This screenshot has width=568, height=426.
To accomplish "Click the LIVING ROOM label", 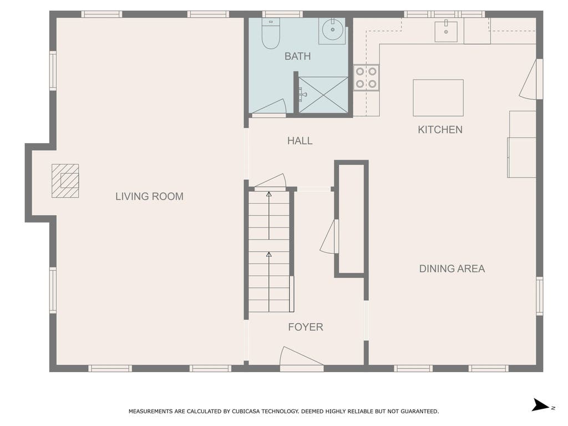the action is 149,196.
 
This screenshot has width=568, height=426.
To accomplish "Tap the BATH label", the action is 297,56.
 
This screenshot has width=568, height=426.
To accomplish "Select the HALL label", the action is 300,140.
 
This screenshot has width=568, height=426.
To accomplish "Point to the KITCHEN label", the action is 440,130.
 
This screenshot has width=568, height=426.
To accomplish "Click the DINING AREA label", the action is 452,268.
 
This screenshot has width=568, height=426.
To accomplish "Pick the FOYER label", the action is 306,327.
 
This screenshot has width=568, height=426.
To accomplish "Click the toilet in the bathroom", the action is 270,34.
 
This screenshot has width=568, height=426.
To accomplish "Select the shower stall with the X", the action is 323,94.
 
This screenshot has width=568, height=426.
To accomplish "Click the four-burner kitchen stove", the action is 366,78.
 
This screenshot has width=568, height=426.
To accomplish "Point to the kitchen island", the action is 438,98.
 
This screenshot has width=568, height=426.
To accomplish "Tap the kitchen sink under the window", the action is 446,32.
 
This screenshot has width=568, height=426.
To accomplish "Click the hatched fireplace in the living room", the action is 65,181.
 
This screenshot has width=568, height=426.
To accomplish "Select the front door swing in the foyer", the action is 301,356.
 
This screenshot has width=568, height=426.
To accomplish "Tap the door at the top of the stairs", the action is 270,180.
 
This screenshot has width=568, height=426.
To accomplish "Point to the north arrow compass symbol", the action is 541,405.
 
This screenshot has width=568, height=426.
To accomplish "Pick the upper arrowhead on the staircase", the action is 269,195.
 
